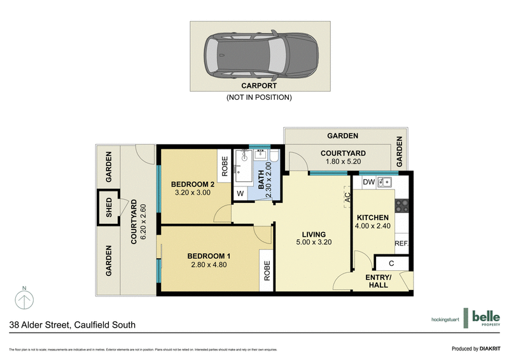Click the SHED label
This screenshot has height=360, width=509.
pos(108,207)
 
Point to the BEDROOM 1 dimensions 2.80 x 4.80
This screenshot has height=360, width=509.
pos(209,265)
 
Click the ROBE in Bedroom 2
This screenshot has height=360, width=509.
pos(223,165)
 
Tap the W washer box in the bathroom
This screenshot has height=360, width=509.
pos(240,193)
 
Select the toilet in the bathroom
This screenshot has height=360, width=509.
pos(274,158)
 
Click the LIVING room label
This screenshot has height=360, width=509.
pos(314,233)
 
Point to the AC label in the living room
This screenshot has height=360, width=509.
pos(347,198)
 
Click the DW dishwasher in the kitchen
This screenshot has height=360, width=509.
pos(368,183)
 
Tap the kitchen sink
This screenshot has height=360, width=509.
pos(384,183)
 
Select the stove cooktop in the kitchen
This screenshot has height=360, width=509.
pos(402,205)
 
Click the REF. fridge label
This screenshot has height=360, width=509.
pos(401,244)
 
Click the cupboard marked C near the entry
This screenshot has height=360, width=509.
pos(391,263)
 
